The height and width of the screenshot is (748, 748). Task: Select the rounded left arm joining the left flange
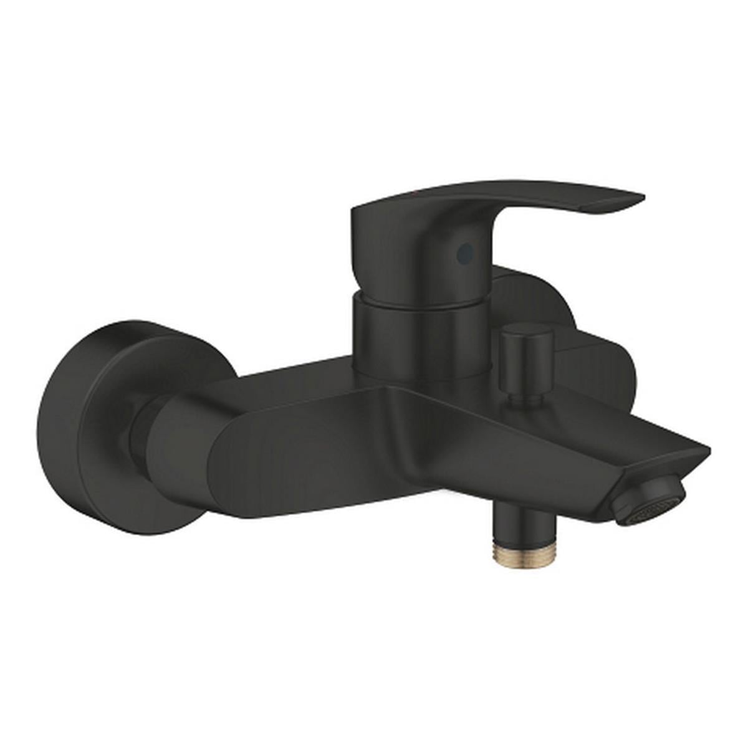point(181,446)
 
